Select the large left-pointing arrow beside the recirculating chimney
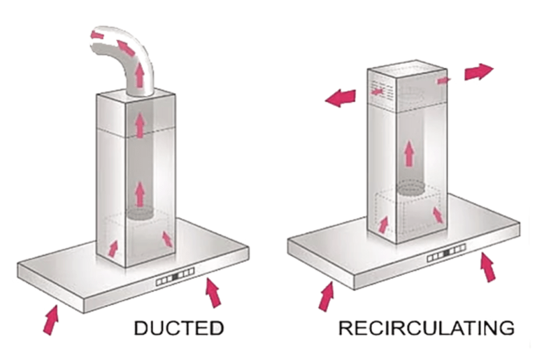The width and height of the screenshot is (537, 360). tap(341, 97)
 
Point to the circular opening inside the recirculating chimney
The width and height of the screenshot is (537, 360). tap(411, 187)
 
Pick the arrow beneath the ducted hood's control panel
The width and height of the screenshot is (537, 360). tap(214, 294)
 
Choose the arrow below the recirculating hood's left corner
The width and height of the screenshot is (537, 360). tap(326, 296)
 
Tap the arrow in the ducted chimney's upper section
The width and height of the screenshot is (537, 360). tap(140, 125)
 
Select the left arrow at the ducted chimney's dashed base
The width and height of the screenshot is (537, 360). tap(113, 248)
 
